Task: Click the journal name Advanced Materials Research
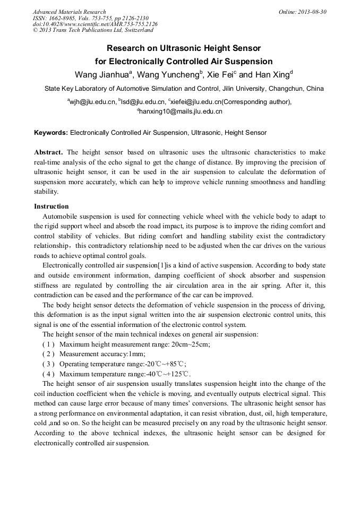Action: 69,12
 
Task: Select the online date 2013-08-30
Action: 310,12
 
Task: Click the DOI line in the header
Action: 95,24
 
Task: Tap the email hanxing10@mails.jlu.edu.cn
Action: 181,111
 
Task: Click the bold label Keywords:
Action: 51,133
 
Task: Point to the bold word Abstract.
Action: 48,152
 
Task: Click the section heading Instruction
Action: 51,206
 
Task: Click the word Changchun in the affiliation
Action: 288,89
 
